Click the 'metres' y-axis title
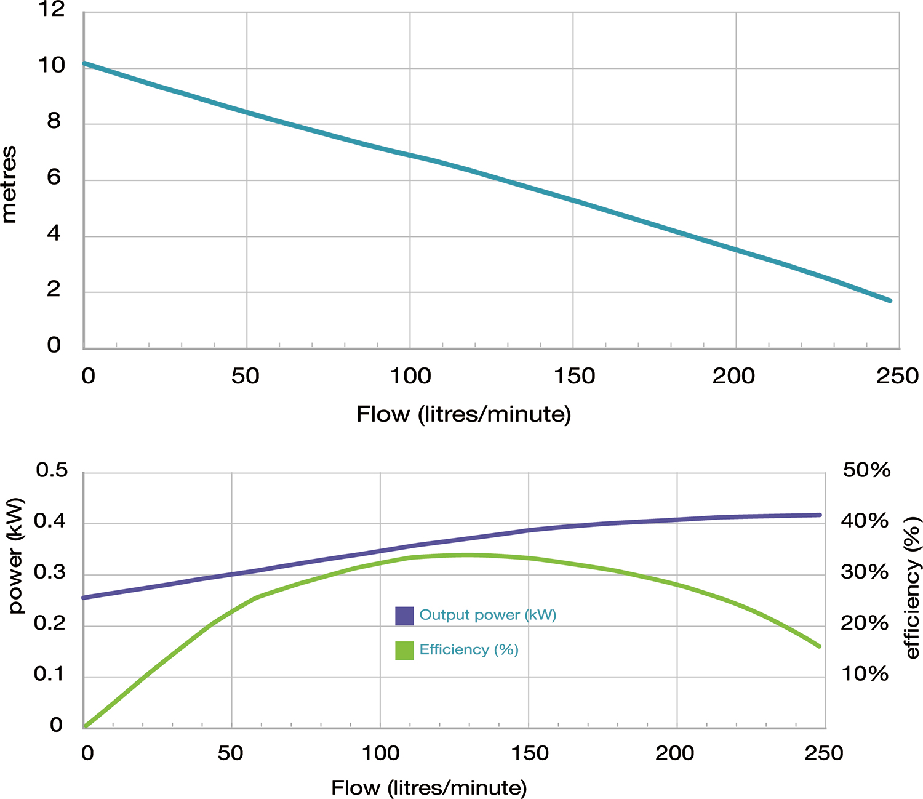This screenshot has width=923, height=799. pyautogui.click(x=9, y=185)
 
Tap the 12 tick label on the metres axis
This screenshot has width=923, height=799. pyautogui.click(x=52, y=9)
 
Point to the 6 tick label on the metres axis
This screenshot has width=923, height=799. pyautogui.click(x=54, y=178)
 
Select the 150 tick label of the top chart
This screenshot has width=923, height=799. pyautogui.click(x=574, y=376)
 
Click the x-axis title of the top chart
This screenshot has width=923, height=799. pyautogui.click(x=463, y=414)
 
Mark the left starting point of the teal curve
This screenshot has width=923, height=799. pyautogui.click(x=84, y=63)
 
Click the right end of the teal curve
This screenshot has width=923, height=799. pyautogui.click(x=890, y=300)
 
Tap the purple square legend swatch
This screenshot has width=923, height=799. pyautogui.click(x=404, y=616)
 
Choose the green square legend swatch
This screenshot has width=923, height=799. pyautogui.click(x=404, y=650)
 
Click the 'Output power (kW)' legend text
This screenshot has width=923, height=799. pyautogui.click(x=487, y=615)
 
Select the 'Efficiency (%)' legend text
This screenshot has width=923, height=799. pyautogui.click(x=469, y=649)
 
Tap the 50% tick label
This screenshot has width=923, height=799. pyautogui.click(x=866, y=470)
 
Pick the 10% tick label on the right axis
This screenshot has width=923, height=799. pyautogui.click(x=865, y=673)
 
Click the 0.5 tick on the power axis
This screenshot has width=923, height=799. pyautogui.click(x=52, y=470)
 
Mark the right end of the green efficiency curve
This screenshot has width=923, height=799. pyautogui.click(x=819, y=646)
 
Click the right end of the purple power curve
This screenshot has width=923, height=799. pyautogui.click(x=820, y=515)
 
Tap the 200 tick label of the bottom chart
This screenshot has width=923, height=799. pyautogui.click(x=675, y=753)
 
